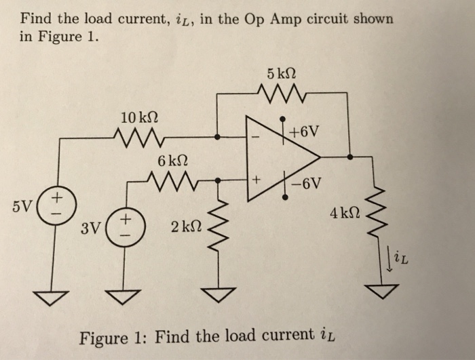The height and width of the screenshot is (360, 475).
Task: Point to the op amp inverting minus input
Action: [x=256, y=137]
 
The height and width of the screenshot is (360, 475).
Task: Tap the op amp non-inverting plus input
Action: [x=256, y=181]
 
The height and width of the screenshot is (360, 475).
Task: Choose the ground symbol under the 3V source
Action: [x=123, y=296]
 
